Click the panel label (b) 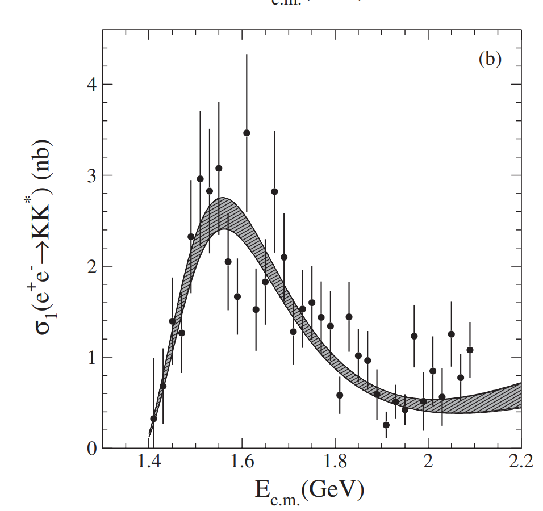pyautogui.click(x=490, y=59)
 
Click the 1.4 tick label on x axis pyautogui.click(x=149, y=461)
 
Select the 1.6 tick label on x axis pyautogui.click(x=242, y=461)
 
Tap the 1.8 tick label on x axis pyautogui.click(x=335, y=461)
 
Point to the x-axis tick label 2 pyautogui.click(x=428, y=461)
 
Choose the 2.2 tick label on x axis pyautogui.click(x=520, y=461)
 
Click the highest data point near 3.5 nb pyautogui.click(x=247, y=133)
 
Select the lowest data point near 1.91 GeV pyautogui.click(x=386, y=425)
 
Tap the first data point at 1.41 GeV pyautogui.click(x=153, y=418)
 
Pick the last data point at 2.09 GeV pyautogui.click(x=470, y=350)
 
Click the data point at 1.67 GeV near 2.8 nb pyautogui.click(x=274, y=191)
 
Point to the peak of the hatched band pyautogui.click(x=223, y=213)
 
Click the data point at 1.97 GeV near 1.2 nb pyautogui.click(x=414, y=336)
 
